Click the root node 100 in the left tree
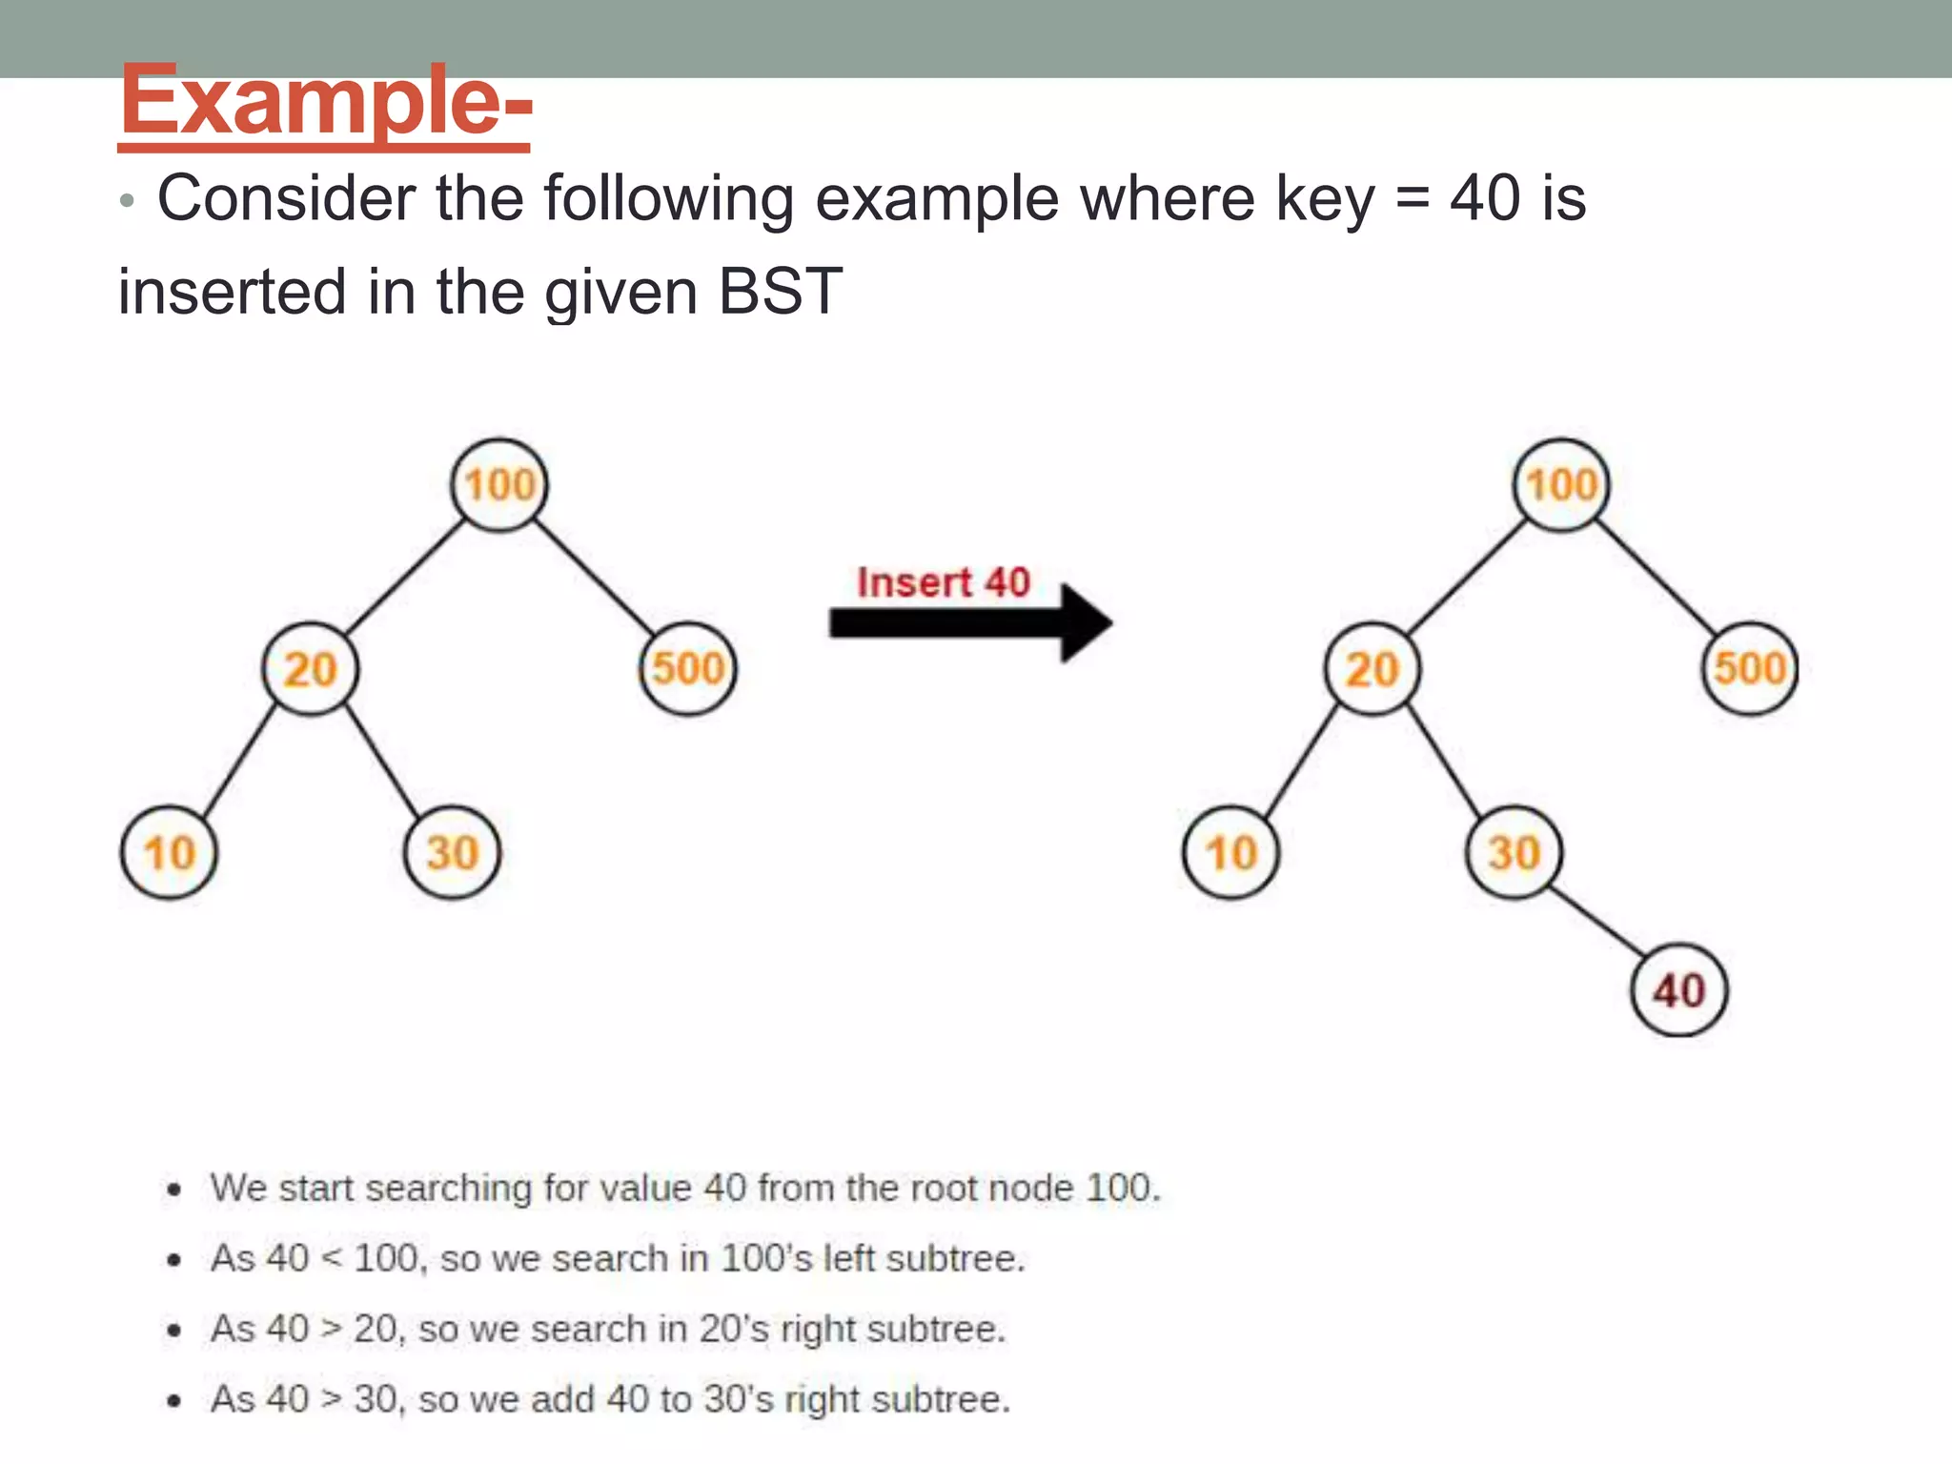pos(499,484)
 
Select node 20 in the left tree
pos(311,668)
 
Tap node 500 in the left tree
pos(688,668)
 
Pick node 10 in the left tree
pos(170,852)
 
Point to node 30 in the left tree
pos(452,852)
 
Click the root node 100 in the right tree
pos(1561,484)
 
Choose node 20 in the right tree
pos(1372,668)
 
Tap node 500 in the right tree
pos(1750,668)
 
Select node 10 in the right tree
pos(1231,852)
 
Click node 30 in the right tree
pos(1514,852)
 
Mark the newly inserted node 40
pos(1679,990)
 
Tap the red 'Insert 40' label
pos(943,582)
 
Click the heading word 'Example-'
pos(325,101)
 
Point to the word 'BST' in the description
pos(780,292)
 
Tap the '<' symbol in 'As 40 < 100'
pos(331,1259)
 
